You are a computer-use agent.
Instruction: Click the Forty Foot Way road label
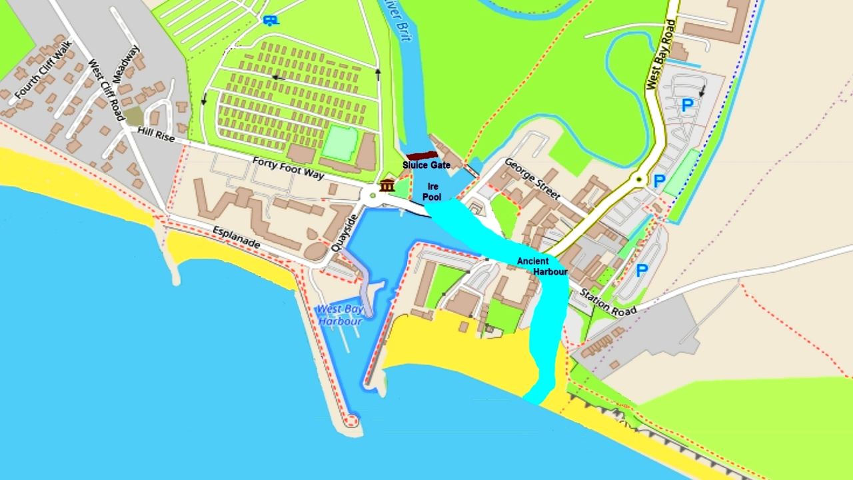coord(288,169)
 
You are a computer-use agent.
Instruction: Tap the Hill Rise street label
coord(156,136)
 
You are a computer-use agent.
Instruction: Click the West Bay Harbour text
coord(339,315)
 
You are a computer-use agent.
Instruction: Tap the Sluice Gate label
coord(426,165)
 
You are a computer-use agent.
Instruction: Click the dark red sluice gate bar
coord(422,156)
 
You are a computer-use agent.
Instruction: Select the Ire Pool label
coord(432,192)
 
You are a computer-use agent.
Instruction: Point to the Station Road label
coord(608,301)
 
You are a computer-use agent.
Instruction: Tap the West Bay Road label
coord(660,54)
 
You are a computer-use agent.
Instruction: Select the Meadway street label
coord(127,64)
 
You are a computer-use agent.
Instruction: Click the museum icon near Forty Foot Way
coord(387,185)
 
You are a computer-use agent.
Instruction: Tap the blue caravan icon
coord(271,20)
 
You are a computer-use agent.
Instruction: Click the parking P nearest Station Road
coord(642,270)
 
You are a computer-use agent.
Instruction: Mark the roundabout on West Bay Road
coord(638,179)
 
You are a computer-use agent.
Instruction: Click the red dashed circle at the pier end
coord(351,421)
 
